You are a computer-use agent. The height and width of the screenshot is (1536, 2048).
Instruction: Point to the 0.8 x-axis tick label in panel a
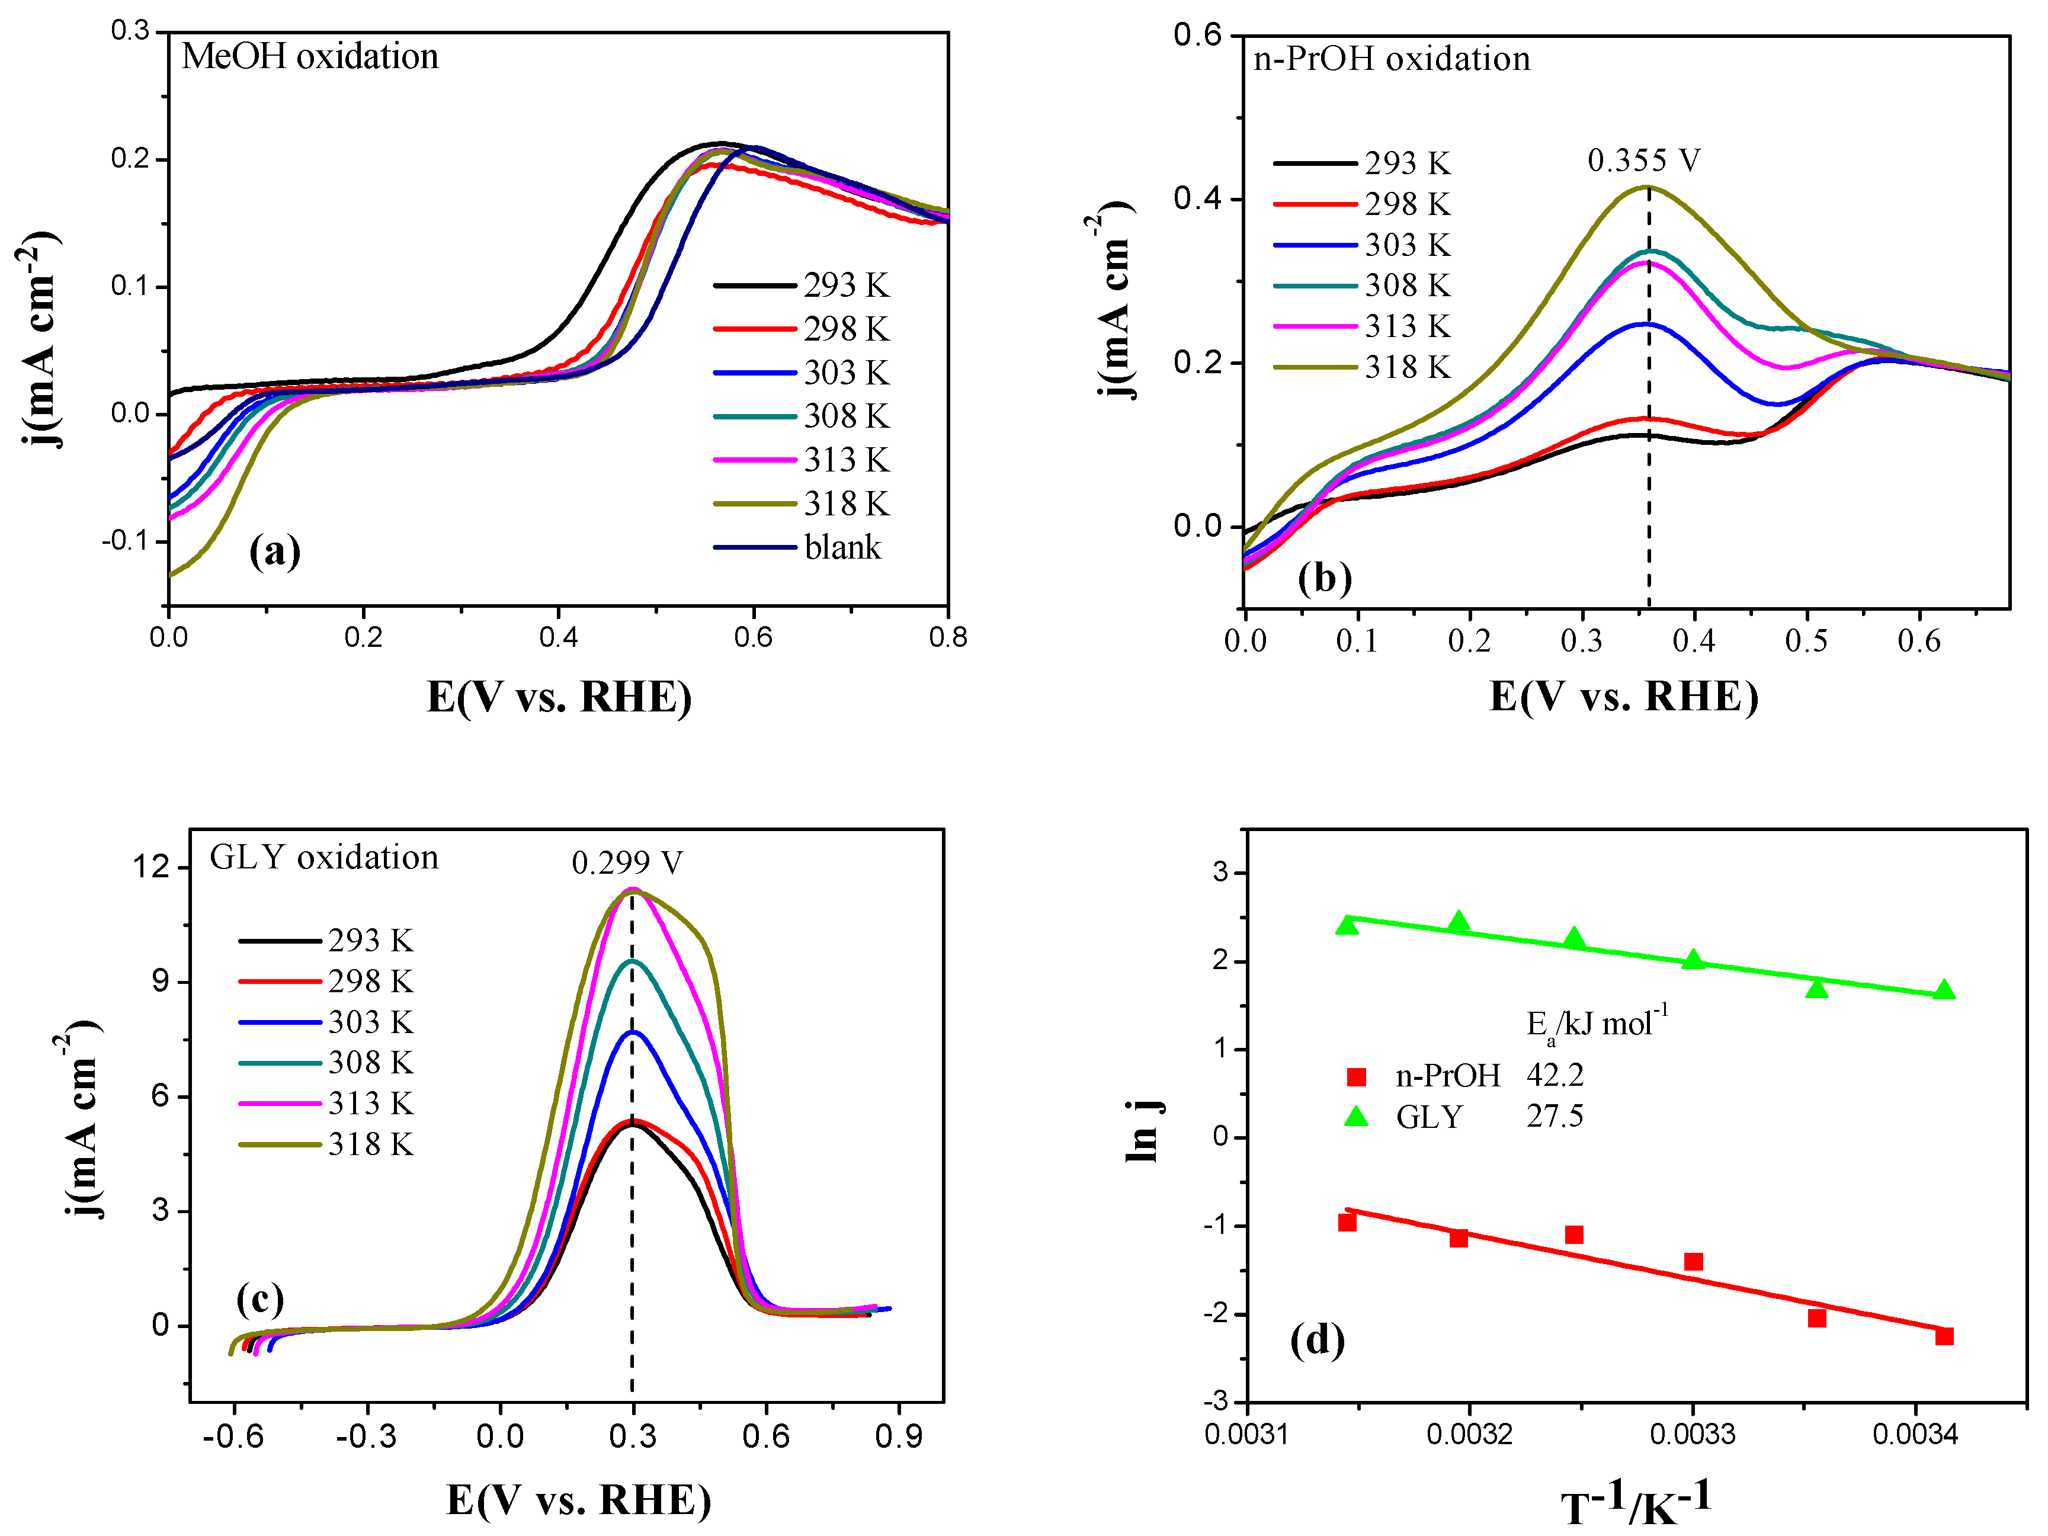[x=947, y=637]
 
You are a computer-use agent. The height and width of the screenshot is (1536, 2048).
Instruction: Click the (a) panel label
[x=275, y=552]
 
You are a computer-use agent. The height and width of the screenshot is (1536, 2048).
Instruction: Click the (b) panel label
[x=1324, y=579]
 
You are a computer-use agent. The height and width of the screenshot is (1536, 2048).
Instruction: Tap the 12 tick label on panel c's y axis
[x=152, y=867]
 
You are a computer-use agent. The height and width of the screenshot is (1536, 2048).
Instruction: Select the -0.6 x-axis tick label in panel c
[x=233, y=1437]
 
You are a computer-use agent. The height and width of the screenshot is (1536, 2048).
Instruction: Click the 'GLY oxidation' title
[x=324, y=857]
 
